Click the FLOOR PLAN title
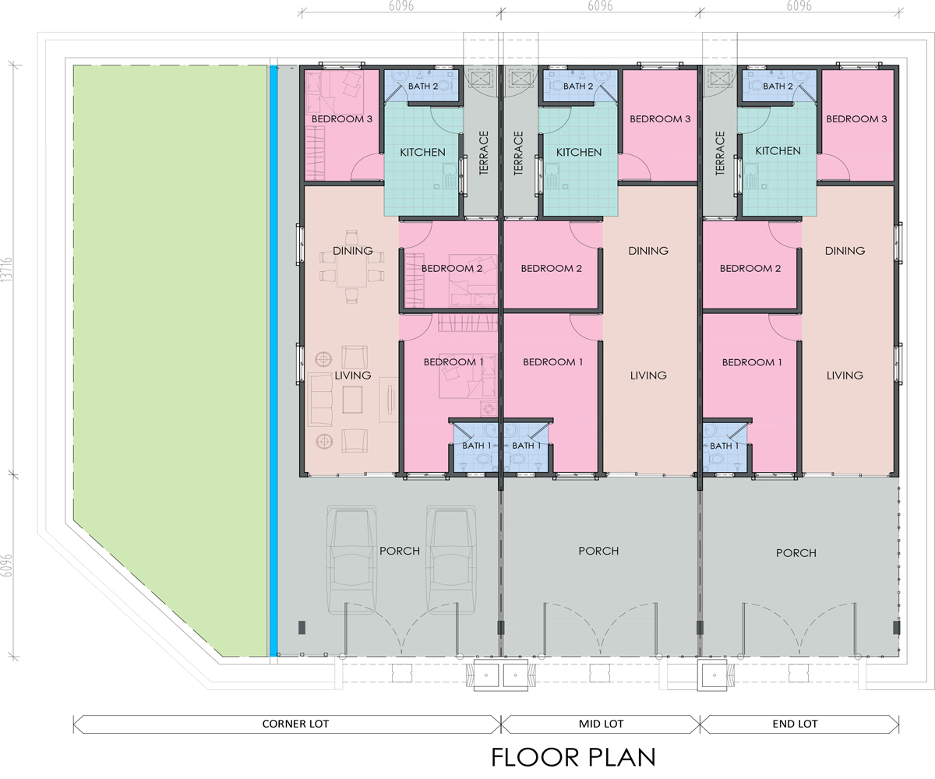click(x=573, y=757)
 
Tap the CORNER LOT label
click(x=295, y=724)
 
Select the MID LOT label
click(x=601, y=724)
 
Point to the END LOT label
click(x=796, y=724)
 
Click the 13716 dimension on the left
click(x=6, y=270)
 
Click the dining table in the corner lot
click(x=352, y=271)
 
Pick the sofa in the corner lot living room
click(x=320, y=400)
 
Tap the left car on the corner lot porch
click(x=351, y=559)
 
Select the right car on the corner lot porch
click(x=451, y=559)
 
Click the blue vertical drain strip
click(x=273, y=361)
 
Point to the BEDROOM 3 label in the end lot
click(x=856, y=119)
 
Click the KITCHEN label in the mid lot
click(x=579, y=152)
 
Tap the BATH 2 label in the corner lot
click(x=423, y=86)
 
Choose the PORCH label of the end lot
click(x=796, y=553)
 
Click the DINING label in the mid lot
click(x=648, y=251)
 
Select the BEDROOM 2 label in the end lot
click(x=750, y=269)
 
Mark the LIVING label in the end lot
click(x=845, y=375)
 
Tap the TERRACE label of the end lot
click(x=720, y=153)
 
